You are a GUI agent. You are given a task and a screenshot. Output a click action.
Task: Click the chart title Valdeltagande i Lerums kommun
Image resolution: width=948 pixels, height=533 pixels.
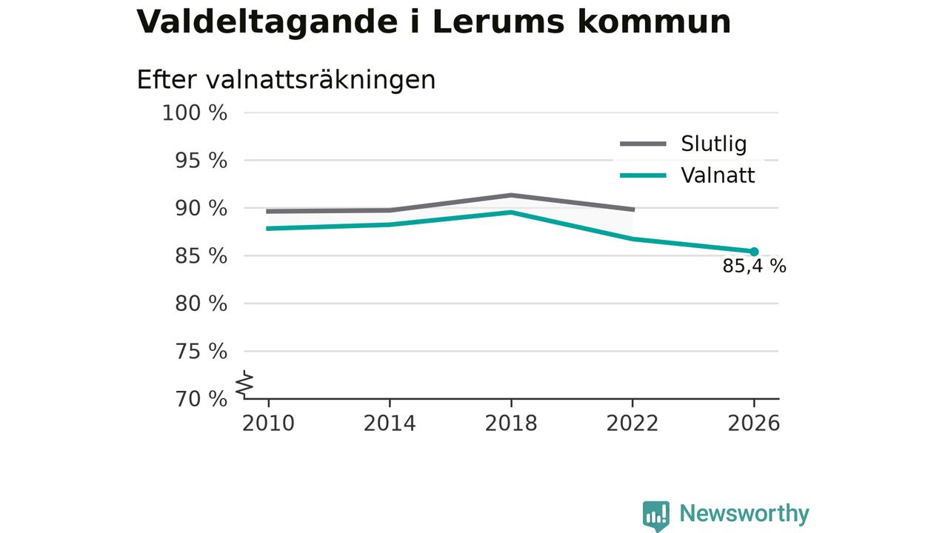tap(433, 22)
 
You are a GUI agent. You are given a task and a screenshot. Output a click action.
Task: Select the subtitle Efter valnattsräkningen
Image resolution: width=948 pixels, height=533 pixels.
tap(286, 80)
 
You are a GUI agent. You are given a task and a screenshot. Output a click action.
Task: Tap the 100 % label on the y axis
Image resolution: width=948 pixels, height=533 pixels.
tap(195, 113)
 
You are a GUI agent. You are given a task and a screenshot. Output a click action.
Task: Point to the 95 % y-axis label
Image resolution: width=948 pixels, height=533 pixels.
tap(201, 161)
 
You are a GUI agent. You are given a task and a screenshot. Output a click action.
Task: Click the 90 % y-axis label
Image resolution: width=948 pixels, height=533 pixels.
tap(201, 209)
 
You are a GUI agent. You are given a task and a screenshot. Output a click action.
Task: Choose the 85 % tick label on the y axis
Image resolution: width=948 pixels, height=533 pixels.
tap(201, 256)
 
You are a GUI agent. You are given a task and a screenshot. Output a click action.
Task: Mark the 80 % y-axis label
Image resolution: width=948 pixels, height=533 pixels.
tap(201, 304)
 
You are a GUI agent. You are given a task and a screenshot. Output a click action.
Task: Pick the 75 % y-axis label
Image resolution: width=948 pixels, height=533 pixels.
tap(201, 352)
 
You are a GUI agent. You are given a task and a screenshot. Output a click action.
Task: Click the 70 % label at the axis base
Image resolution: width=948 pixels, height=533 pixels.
tap(201, 399)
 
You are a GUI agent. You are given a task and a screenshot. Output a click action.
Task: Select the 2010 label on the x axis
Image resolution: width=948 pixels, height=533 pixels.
tap(268, 423)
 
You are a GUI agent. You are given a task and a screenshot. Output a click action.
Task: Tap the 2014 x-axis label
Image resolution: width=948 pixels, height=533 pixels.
tap(390, 423)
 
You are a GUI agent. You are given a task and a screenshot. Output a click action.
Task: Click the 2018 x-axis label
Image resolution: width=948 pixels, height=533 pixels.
tap(511, 423)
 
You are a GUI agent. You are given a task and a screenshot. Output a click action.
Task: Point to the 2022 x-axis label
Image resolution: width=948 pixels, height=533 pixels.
tap(632, 423)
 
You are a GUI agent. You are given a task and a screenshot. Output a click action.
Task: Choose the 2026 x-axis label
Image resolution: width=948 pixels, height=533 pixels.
tap(754, 423)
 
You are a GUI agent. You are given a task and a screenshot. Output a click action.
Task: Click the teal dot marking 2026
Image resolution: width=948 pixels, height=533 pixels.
tap(754, 252)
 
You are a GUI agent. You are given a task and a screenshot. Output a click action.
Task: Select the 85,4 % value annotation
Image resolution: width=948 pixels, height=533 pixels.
tap(754, 266)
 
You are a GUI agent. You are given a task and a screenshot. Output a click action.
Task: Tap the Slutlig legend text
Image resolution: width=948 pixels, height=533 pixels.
tap(714, 144)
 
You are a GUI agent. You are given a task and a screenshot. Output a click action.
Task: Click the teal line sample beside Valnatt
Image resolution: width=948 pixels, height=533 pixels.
tap(644, 175)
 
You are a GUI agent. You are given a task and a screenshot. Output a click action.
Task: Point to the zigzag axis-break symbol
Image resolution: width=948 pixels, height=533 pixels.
tap(244, 384)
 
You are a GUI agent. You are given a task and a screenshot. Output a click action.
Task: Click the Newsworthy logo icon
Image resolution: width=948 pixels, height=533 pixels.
tap(656, 516)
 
